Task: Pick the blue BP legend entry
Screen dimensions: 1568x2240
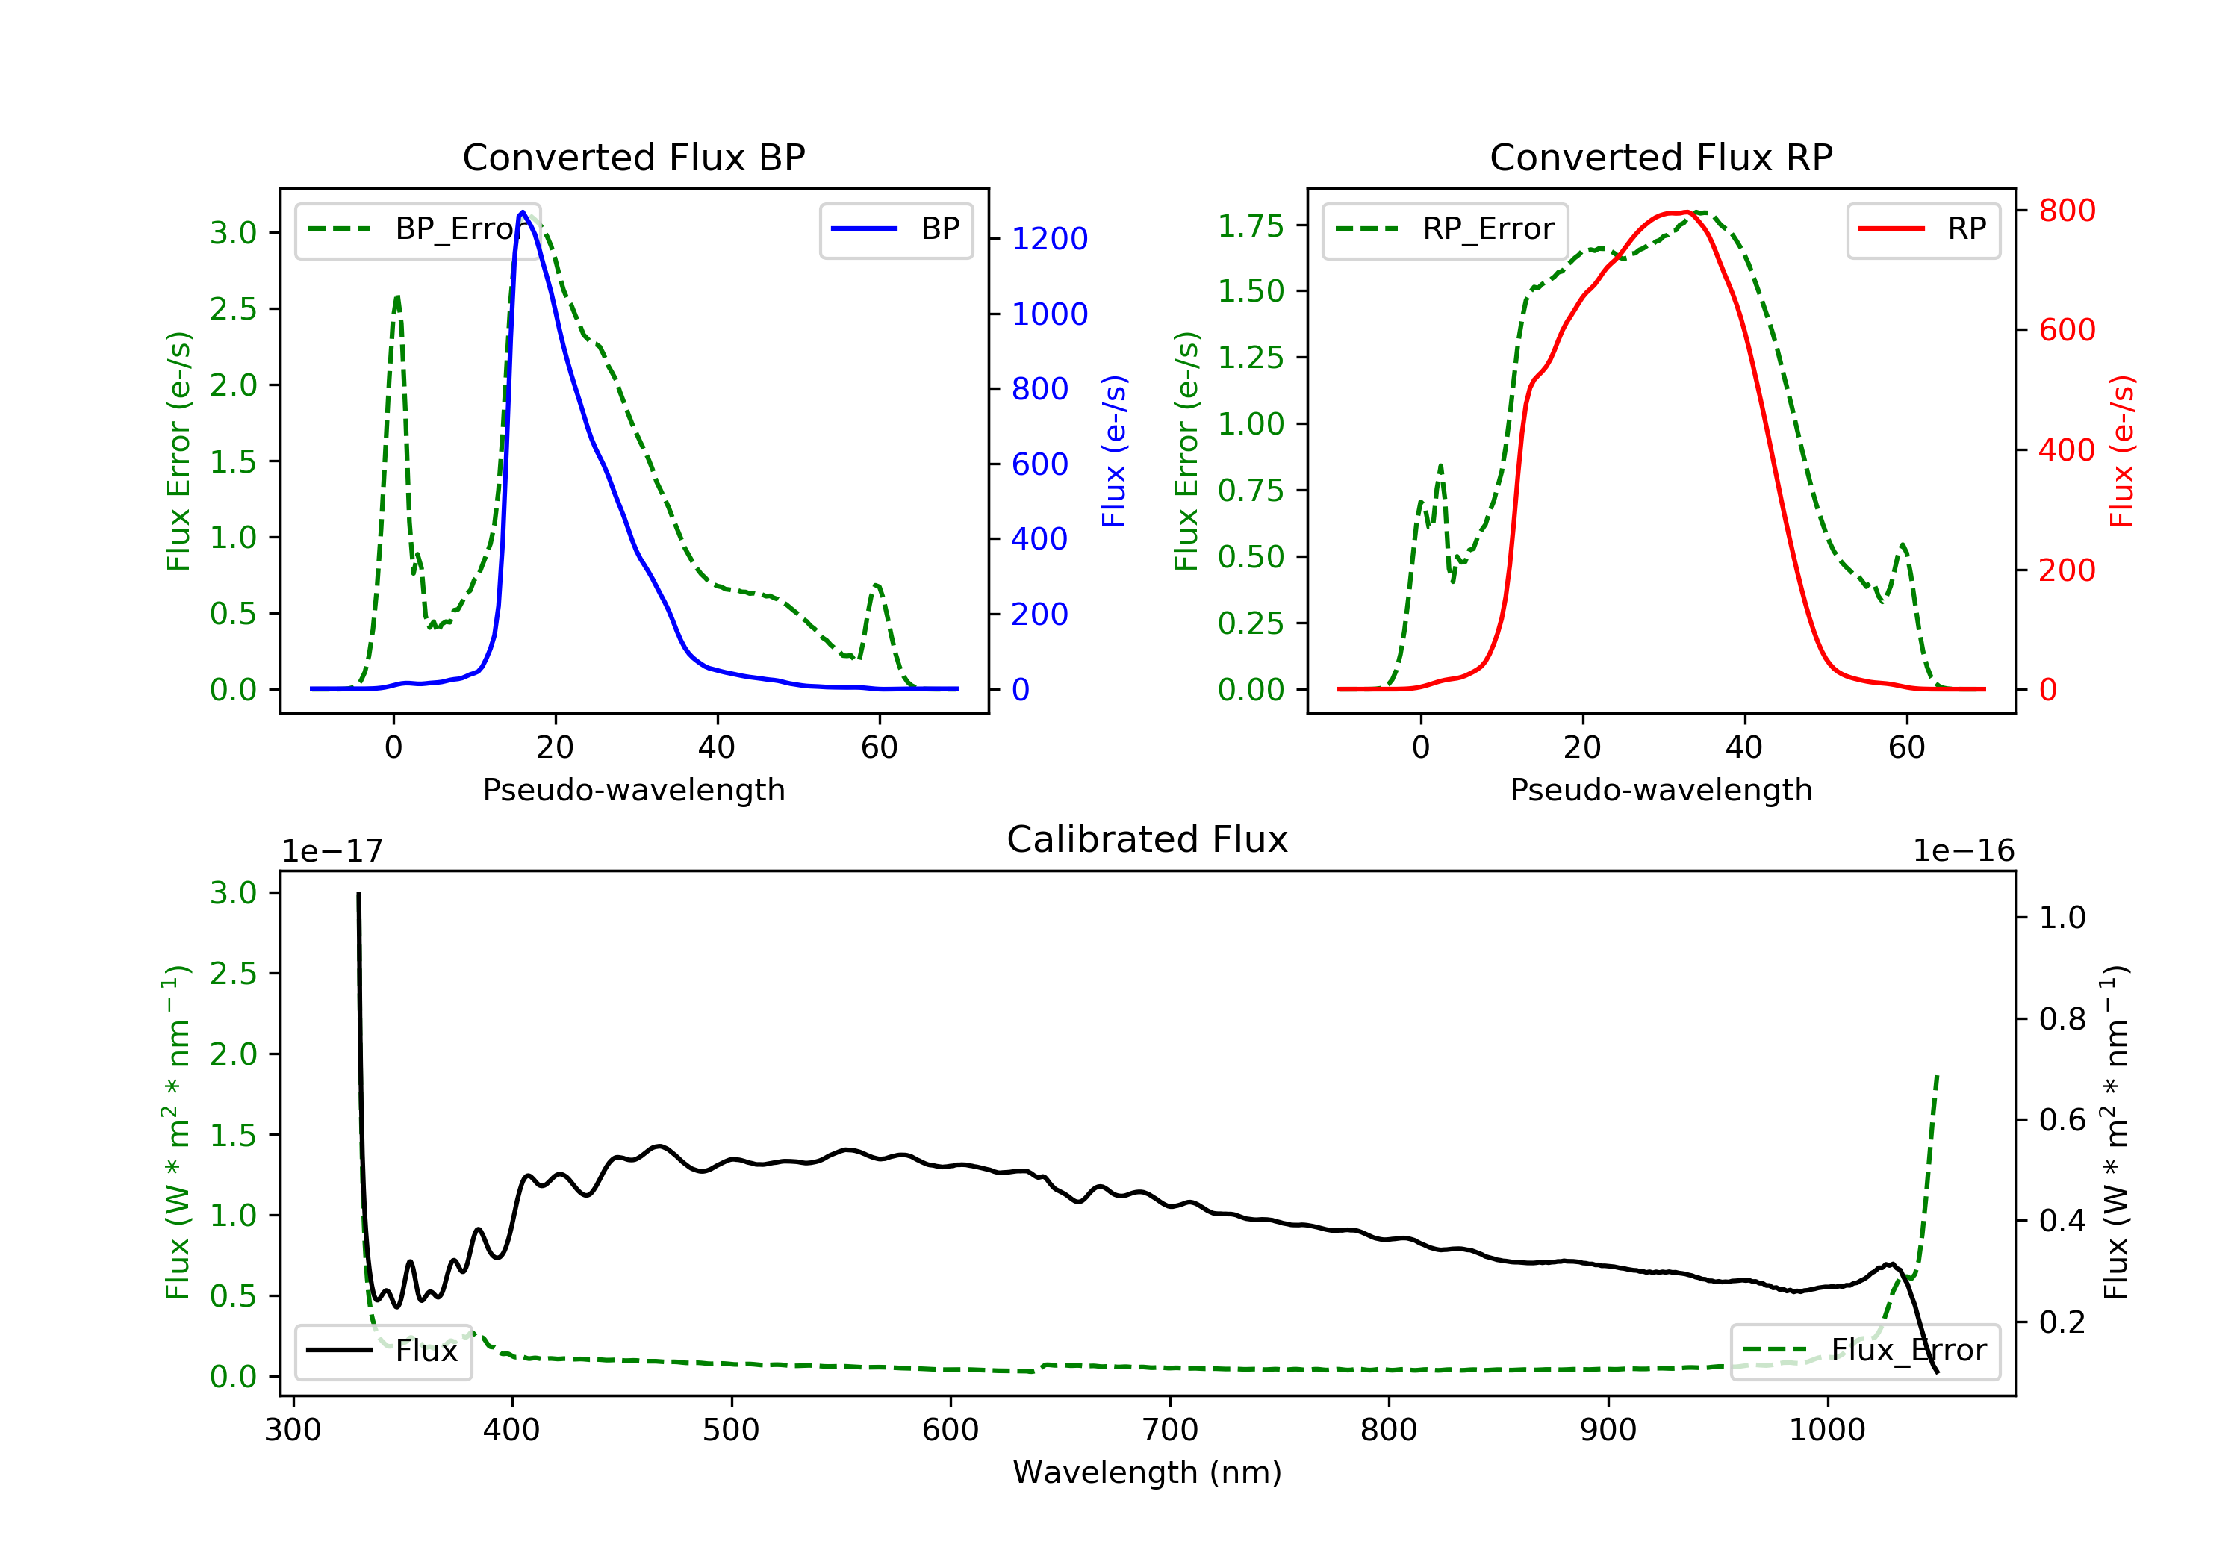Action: click(x=895, y=230)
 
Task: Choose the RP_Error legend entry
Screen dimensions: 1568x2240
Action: click(x=1445, y=230)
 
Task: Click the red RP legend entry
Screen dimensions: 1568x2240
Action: click(x=1923, y=230)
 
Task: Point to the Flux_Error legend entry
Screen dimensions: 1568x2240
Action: click(x=1864, y=1351)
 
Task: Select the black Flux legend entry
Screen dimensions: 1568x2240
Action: click(x=384, y=1351)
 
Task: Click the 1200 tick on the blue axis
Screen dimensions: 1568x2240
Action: click(x=1049, y=239)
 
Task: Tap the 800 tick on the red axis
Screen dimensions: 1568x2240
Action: click(x=2066, y=211)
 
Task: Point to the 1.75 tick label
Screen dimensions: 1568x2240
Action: click(x=1250, y=226)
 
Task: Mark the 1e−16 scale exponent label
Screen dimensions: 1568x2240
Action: click(x=1963, y=851)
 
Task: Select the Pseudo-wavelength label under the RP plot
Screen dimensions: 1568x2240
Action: click(x=1661, y=790)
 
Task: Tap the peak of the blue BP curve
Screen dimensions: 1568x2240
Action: click(x=523, y=212)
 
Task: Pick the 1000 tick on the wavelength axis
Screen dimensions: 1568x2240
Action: click(x=1826, y=1431)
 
